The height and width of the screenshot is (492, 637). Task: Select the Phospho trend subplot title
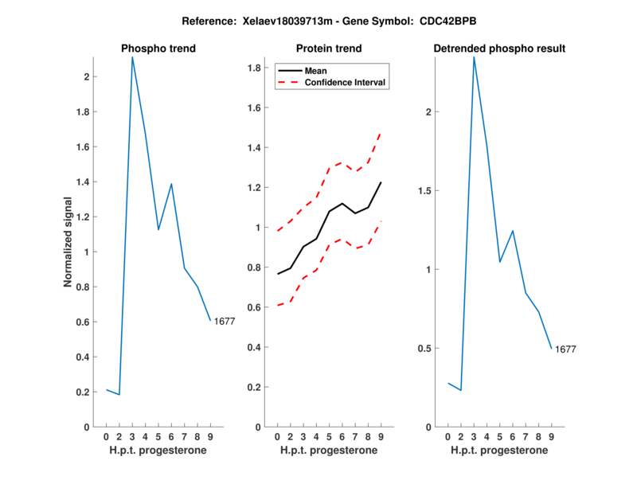pyautogui.click(x=158, y=49)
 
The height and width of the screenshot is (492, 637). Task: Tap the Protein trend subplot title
pyautogui.click(x=329, y=49)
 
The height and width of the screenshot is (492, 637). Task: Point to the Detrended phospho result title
pyautogui.click(x=499, y=49)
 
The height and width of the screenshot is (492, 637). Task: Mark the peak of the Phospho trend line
pyautogui.click(x=132, y=57)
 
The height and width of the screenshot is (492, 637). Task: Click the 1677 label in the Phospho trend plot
pyautogui.click(x=225, y=322)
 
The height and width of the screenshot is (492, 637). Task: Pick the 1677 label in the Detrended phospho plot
pyautogui.click(x=565, y=349)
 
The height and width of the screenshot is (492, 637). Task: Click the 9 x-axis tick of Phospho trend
pyautogui.click(x=210, y=436)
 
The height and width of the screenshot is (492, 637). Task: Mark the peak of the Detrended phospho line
pyautogui.click(x=474, y=57)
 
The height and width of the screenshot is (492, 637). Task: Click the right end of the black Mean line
pyautogui.click(x=381, y=182)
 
